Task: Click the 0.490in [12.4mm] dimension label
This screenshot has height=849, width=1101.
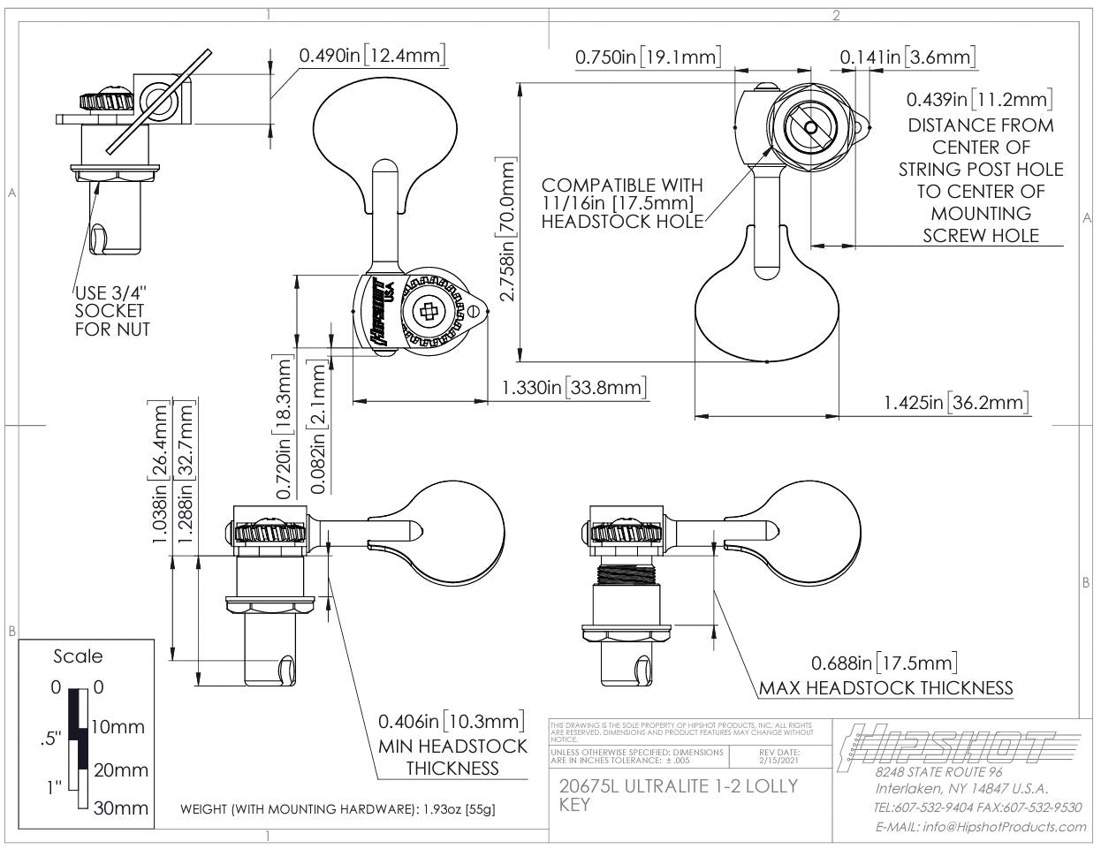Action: (x=371, y=55)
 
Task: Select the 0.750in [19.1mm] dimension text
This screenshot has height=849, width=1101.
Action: (x=647, y=57)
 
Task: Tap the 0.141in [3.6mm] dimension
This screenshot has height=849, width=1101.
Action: (x=908, y=57)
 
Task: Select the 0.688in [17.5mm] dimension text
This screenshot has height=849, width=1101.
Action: (x=884, y=663)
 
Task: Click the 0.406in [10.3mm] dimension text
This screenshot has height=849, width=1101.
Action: (x=452, y=720)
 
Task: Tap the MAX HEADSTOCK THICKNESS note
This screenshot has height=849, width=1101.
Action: (x=885, y=687)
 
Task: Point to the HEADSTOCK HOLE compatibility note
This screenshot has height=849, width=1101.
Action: (x=622, y=203)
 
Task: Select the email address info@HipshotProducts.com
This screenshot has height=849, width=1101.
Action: (x=981, y=827)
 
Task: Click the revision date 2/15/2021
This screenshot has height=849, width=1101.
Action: (x=778, y=760)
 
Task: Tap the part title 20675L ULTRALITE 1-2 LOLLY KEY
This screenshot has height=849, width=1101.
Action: (x=679, y=793)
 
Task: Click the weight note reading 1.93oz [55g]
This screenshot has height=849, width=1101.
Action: (x=343, y=809)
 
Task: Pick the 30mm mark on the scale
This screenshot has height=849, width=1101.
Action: (x=121, y=808)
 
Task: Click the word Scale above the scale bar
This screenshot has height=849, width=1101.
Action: (x=78, y=656)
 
